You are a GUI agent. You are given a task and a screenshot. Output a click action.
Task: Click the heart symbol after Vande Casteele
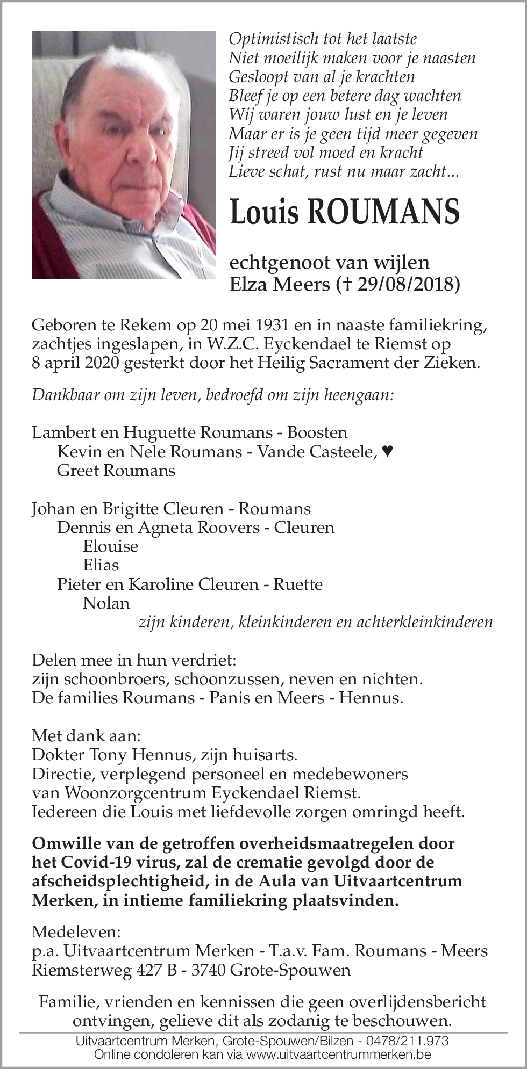coord(387,452)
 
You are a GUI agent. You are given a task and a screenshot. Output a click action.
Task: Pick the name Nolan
coord(106,603)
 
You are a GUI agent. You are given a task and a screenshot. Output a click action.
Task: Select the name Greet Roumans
coord(116,471)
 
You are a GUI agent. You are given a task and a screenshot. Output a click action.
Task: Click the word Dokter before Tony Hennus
coord(59,755)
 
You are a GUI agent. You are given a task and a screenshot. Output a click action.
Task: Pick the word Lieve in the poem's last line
coord(245,171)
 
